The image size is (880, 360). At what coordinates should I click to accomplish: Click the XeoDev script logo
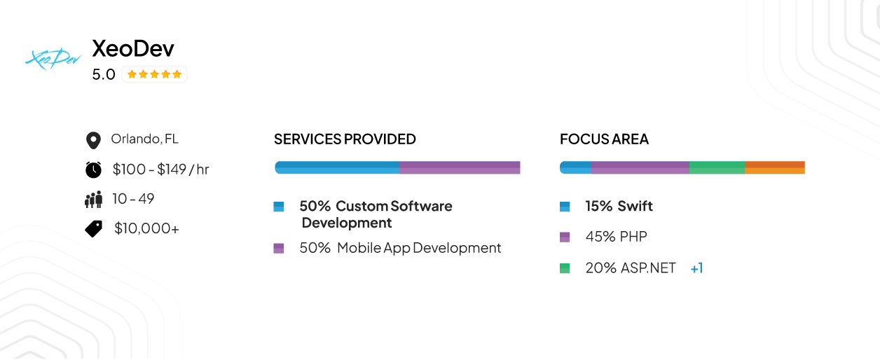pos(53,60)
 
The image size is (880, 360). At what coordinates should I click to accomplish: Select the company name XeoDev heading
pos(133,48)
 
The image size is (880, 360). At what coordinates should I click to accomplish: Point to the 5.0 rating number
pos(104,74)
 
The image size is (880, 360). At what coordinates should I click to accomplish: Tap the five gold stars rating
pos(154,74)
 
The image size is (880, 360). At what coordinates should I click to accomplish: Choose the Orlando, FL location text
pos(144,139)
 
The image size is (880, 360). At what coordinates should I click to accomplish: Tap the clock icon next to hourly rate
pos(93,169)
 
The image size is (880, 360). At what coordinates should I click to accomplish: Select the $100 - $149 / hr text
pos(160,169)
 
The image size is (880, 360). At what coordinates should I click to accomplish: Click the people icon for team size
pos(93,200)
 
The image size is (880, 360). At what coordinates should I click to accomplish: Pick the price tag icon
pos(94,228)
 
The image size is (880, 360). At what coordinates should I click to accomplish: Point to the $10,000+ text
pos(146,228)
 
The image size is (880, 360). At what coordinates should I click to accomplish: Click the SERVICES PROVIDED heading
pos(345,139)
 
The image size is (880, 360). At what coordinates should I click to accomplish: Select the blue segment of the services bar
pos(337,167)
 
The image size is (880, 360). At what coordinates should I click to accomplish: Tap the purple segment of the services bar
pos(460,167)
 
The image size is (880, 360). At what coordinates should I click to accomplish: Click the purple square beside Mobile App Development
pos(279,248)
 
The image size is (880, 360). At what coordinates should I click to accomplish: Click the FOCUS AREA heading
pos(604,139)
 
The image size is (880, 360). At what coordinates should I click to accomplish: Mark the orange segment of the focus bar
pos(775,167)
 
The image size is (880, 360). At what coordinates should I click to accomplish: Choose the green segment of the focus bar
pos(717,167)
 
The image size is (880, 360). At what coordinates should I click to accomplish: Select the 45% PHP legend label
pos(616,237)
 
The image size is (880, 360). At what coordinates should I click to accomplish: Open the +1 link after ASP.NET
pos(696,268)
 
